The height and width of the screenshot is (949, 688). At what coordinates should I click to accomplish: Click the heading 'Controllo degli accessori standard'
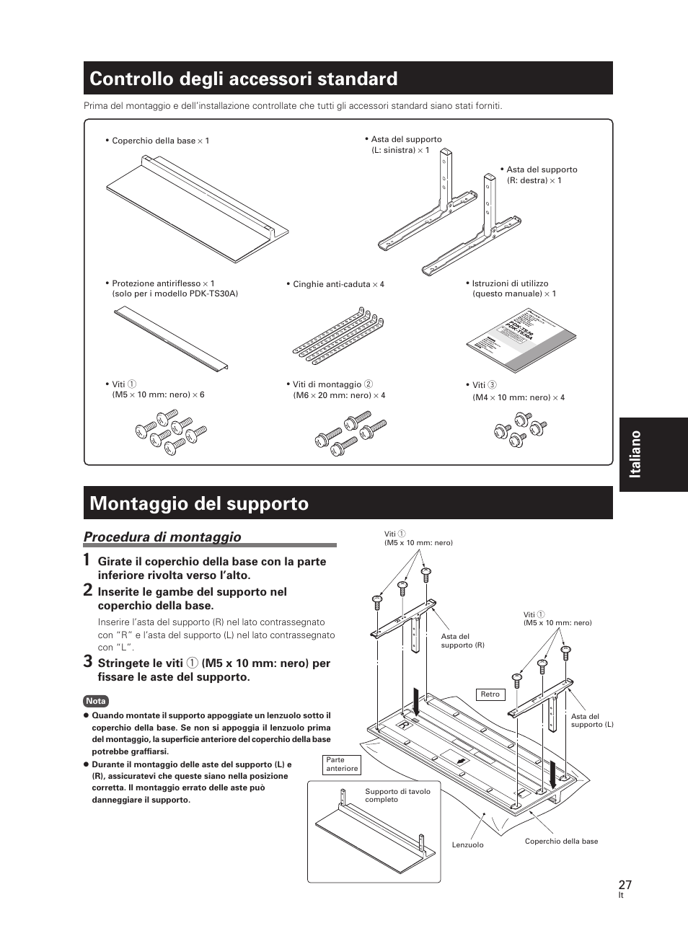244,79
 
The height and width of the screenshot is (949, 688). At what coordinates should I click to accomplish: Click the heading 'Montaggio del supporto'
199,503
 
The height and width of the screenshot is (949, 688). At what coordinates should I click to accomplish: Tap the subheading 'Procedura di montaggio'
162,537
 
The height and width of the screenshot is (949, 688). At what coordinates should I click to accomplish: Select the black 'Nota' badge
95,701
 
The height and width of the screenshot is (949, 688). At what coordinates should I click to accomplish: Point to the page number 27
625,885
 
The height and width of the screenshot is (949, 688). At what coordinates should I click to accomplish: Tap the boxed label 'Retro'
490,694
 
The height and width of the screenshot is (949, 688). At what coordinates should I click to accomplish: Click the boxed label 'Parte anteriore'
342,764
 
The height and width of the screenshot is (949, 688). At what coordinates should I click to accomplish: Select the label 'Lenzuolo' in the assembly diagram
468,844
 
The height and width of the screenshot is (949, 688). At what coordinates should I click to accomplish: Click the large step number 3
87,661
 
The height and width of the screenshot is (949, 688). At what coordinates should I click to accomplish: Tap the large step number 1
87,560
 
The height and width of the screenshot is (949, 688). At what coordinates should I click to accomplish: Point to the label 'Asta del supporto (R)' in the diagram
462,640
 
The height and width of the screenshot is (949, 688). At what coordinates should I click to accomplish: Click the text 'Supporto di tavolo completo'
397,795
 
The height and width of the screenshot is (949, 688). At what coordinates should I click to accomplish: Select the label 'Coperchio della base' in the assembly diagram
561,841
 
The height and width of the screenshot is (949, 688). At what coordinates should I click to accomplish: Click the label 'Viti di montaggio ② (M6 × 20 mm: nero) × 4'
338,389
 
